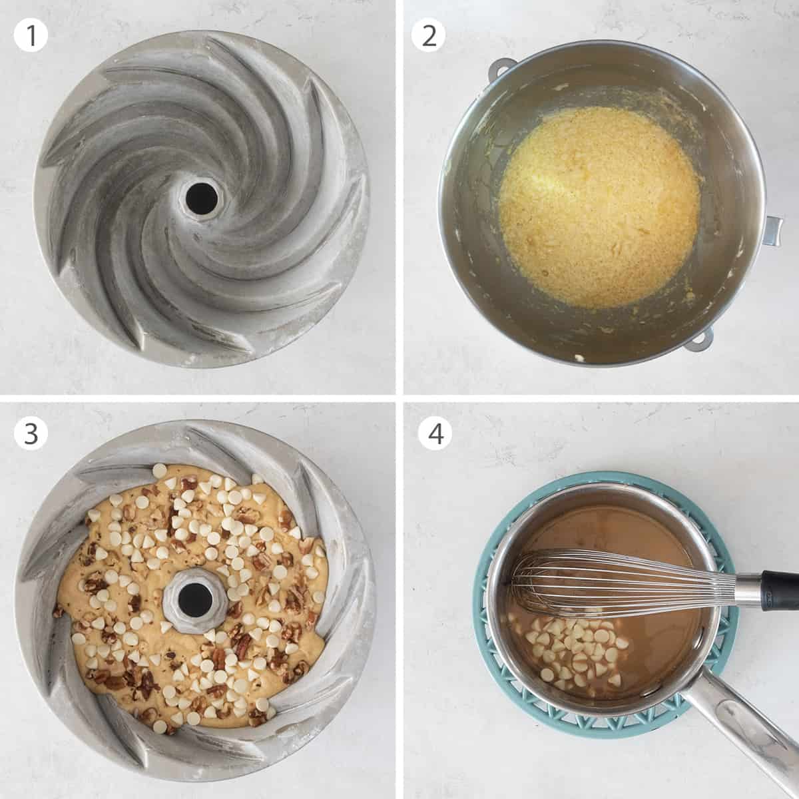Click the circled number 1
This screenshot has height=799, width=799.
(31, 35)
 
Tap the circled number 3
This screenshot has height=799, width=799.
(31, 434)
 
